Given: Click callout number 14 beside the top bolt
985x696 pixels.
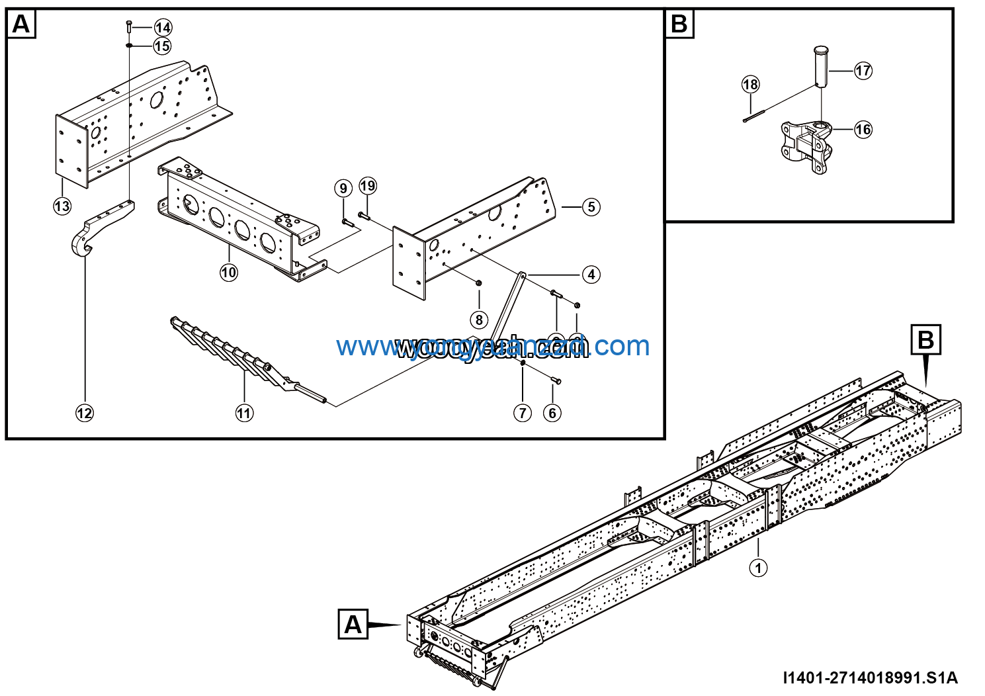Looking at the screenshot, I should (x=163, y=27).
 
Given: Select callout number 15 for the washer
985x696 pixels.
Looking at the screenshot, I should (x=162, y=46).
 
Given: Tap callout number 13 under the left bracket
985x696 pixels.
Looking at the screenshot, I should (x=62, y=206).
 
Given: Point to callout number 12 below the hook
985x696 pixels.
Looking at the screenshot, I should (x=85, y=413).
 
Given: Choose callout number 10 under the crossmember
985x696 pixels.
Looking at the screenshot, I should (x=229, y=272).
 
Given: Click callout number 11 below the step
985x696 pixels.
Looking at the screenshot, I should (x=244, y=413).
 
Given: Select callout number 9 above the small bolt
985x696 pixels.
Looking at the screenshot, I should (x=343, y=189).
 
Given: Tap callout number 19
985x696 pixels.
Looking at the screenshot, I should (x=368, y=186).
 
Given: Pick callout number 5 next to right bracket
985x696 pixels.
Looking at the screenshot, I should (x=591, y=207).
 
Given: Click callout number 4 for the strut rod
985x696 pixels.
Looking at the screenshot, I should (x=591, y=274).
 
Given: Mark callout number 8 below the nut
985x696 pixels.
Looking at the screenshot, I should (x=479, y=320).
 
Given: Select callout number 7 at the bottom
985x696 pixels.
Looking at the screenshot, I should (x=523, y=413).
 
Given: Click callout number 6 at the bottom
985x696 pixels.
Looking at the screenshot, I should (x=552, y=413).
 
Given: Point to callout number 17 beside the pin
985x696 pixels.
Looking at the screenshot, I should (x=863, y=70).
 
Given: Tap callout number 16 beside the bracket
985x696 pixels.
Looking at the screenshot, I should (x=863, y=129).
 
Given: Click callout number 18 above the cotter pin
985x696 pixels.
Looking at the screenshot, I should (x=750, y=84).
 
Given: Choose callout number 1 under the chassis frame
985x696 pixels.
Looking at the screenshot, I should (x=758, y=568).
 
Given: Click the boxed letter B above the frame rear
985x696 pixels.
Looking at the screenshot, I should (x=925, y=340).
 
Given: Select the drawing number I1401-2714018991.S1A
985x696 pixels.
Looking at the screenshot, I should (x=870, y=678).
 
